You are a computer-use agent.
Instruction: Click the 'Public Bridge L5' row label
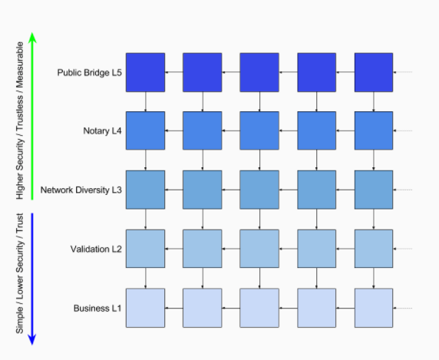click(90, 73)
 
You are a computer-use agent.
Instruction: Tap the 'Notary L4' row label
click(103, 131)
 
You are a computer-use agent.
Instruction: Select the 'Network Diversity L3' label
click(81, 190)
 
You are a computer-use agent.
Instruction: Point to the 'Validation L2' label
click(96, 249)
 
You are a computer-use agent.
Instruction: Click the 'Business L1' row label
click(97, 309)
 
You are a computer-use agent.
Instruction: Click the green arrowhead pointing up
click(32, 38)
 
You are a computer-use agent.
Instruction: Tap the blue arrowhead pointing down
click(32, 339)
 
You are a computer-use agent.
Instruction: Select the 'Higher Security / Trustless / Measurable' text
click(20, 121)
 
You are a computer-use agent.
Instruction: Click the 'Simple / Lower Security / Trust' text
click(20, 273)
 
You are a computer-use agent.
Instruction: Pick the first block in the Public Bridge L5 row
click(145, 72)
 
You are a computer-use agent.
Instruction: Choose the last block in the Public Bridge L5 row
click(374, 72)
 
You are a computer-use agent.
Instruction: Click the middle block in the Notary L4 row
click(259, 130)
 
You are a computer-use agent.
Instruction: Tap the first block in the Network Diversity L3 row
click(145, 190)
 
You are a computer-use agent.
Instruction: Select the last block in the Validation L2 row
click(374, 249)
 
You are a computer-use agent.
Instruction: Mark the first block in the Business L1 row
click(145, 308)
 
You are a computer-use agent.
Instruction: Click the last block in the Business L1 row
click(374, 308)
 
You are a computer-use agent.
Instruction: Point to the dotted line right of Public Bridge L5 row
click(403, 72)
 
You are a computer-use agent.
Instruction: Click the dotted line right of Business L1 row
click(403, 309)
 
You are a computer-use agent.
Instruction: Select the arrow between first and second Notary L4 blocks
click(174, 130)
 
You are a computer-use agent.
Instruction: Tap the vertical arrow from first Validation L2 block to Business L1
click(145, 279)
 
